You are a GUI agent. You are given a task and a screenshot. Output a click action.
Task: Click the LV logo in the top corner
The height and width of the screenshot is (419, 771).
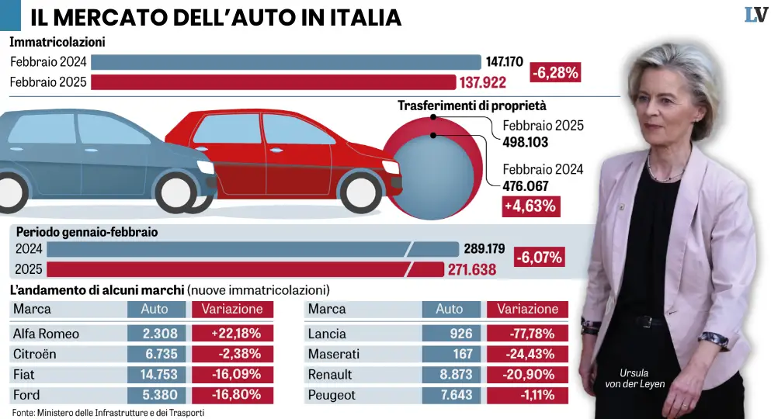[x=754, y=14]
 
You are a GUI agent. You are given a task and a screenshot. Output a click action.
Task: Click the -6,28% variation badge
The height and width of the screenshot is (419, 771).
[x=556, y=73]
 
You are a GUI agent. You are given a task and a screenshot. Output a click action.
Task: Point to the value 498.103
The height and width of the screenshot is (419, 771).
[x=526, y=142]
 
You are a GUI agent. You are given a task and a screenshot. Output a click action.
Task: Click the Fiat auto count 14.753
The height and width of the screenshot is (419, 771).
[x=158, y=375]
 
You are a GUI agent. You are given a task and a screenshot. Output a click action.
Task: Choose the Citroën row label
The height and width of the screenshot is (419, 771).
[x=36, y=355]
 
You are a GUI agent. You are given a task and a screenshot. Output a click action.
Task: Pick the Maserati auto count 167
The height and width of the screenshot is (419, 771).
[x=451, y=355]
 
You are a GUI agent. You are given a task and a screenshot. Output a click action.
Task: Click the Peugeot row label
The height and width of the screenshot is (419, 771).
[x=332, y=395]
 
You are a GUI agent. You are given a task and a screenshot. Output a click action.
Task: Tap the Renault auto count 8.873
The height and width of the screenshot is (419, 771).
[x=451, y=375]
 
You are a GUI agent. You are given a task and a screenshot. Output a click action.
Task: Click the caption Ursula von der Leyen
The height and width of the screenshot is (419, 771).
[x=636, y=377]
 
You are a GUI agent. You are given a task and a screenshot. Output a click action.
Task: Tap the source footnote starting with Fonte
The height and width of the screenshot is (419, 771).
[x=108, y=412]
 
